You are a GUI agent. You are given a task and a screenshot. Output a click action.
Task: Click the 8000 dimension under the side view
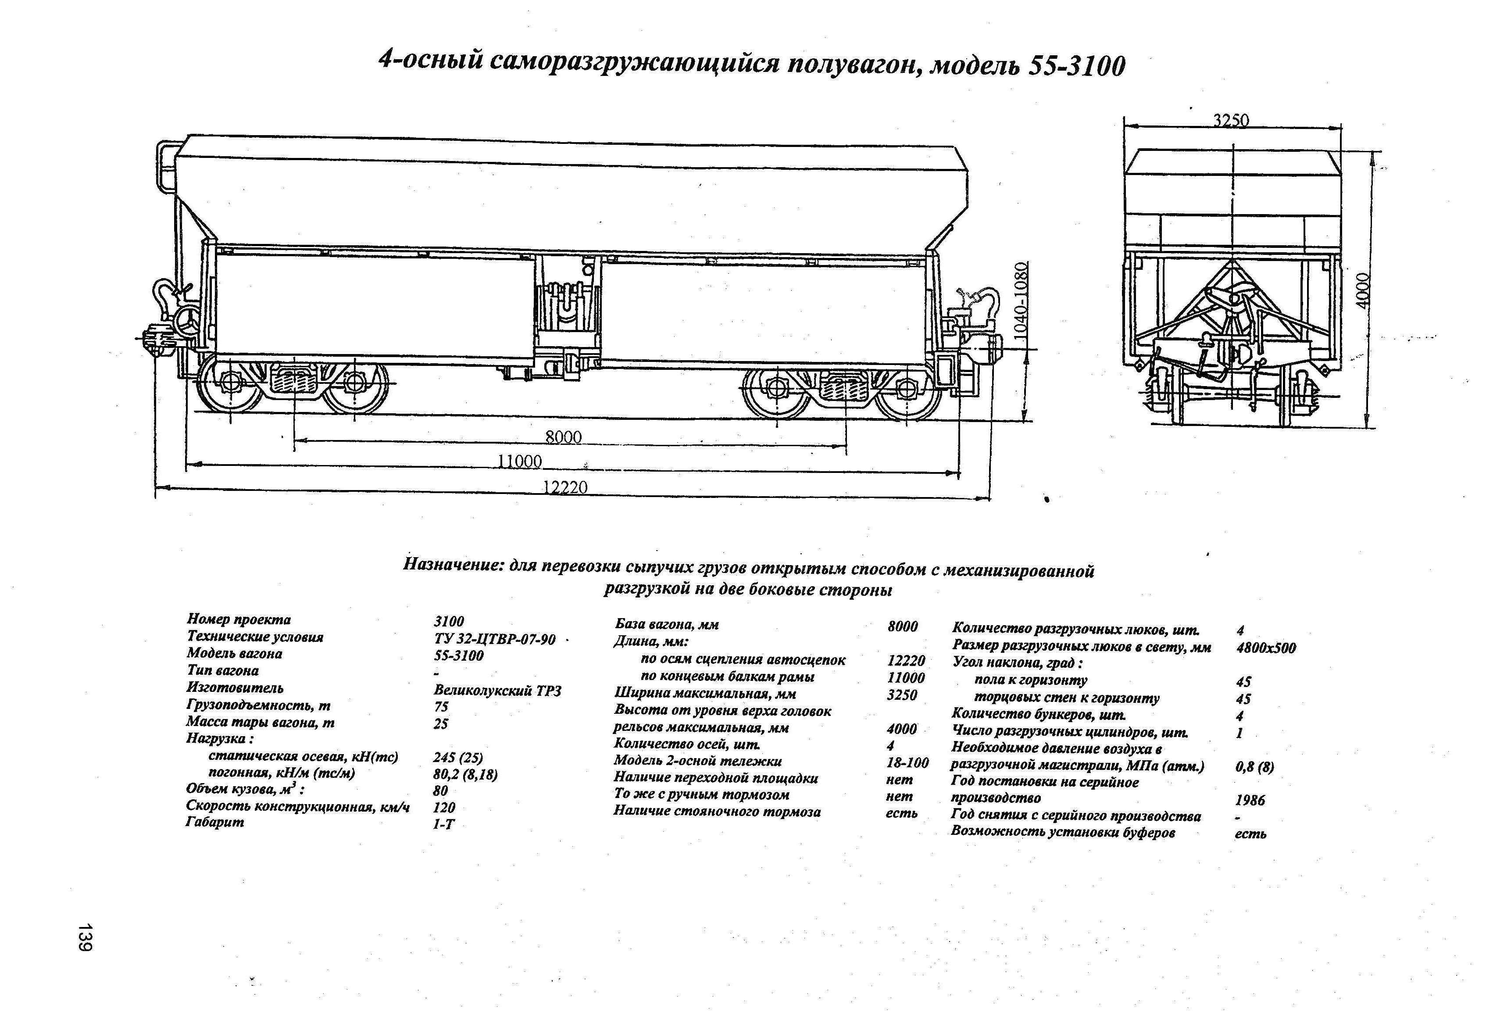tap(563, 437)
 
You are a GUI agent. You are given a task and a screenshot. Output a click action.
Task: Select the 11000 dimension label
tap(519, 461)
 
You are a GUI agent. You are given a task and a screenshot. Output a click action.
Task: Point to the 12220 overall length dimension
tap(565, 487)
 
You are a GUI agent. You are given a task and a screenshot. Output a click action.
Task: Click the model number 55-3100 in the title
tap(1076, 65)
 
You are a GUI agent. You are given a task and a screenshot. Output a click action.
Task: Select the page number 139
tap(86, 936)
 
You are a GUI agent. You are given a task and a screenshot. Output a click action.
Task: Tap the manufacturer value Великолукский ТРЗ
tap(497, 691)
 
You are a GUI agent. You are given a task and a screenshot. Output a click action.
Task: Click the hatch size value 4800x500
tap(1266, 648)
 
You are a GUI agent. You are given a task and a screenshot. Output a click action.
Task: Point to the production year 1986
tap(1250, 800)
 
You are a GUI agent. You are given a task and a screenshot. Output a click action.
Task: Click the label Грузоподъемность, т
tap(258, 705)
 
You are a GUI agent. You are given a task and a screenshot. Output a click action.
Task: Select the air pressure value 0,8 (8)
tap(1254, 766)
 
